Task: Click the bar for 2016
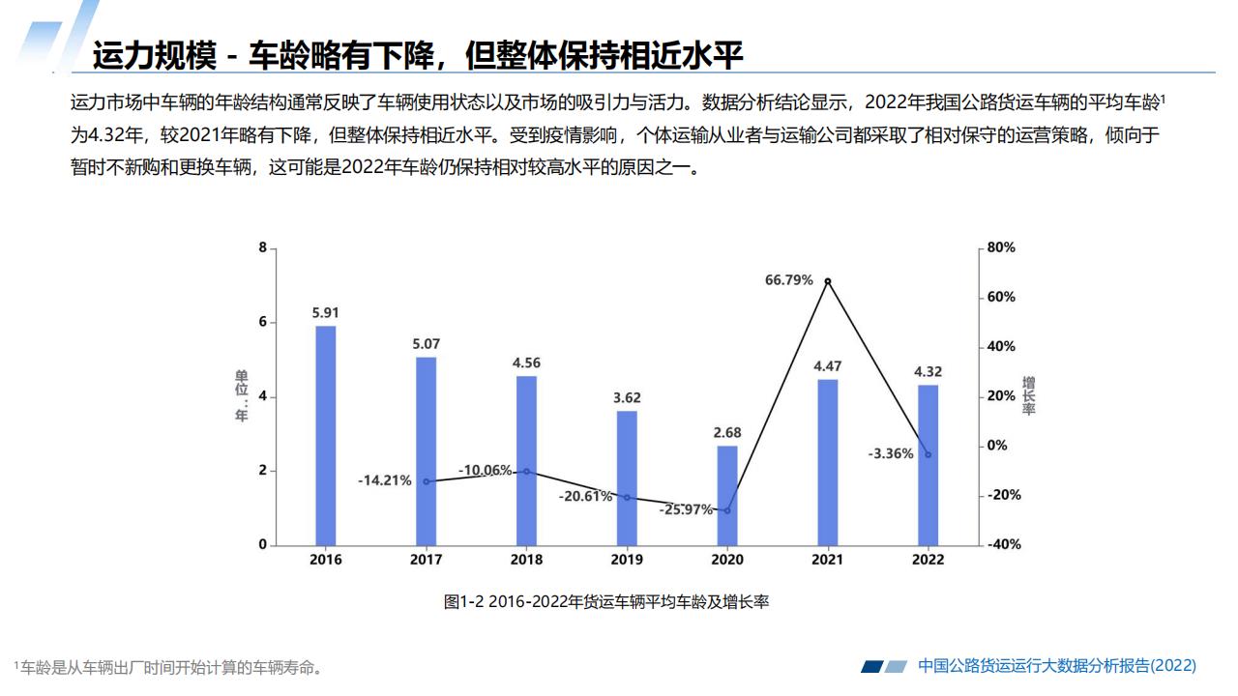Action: [x=326, y=435]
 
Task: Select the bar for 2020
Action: [x=727, y=495]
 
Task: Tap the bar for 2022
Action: [x=928, y=465]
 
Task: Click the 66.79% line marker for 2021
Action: [x=828, y=281]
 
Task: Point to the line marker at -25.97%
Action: [x=727, y=510]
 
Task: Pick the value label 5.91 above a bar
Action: [x=326, y=312]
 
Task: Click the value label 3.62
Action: [x=627, y=397]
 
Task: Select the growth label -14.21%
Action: [x=385, y=479]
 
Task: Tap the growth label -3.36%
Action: [x=891, y=453]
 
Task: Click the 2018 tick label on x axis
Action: [x=526, y=560]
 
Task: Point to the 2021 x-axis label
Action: [x=828, y=560]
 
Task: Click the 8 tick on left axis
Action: [x=262, y=248]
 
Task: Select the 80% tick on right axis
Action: [x=1002, y=248]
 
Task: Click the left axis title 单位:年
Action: [x=241, y=395]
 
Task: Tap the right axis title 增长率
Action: [x=1029, y=396]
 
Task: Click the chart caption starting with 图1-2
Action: [x=606, y=602]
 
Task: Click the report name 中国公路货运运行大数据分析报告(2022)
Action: [x=1056, y=665]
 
